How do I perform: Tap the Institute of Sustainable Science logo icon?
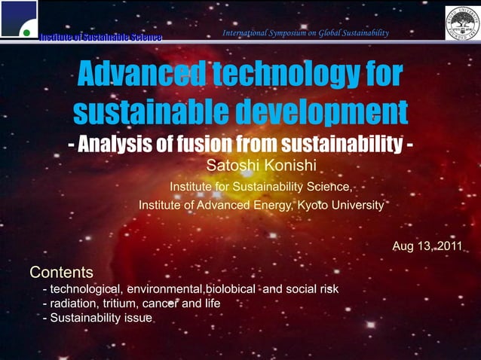pos(18,18)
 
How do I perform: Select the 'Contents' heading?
pos(61,271)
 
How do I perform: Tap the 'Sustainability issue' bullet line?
pos(98,318)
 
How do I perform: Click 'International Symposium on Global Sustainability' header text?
pos(305,33)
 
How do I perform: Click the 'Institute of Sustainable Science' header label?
pos(101,37)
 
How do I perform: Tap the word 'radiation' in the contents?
pos(73,304)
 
